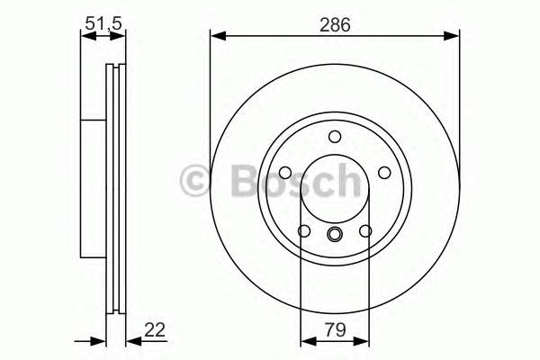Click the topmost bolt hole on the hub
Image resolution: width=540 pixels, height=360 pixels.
(x=335, y=137)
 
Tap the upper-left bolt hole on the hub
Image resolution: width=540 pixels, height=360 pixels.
(x=283, y=174)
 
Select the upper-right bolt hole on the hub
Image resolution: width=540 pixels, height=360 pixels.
(x=385, y=174)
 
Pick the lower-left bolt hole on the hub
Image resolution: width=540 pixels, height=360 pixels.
(x=303, y=232)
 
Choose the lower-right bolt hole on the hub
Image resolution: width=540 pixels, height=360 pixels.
(x=365, y=232)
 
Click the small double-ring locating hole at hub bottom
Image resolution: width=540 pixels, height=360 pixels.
(x=335, y=237)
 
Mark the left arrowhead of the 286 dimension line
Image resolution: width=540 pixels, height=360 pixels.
(x=216, y=37)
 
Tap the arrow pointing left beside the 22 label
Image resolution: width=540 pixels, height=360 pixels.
(x=131, y=339)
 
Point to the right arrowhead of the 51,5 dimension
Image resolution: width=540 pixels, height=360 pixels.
(x=121, y=37)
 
